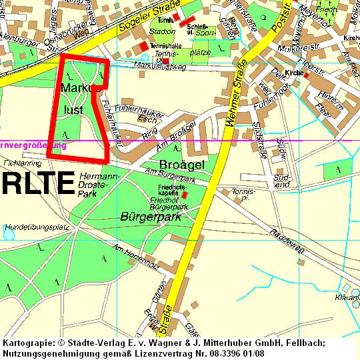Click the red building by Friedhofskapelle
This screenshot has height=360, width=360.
point(185,195)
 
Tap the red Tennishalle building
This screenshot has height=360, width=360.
point(143,45)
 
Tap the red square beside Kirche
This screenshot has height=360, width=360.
point(306,75)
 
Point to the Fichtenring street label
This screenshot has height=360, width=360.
point(22,162)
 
